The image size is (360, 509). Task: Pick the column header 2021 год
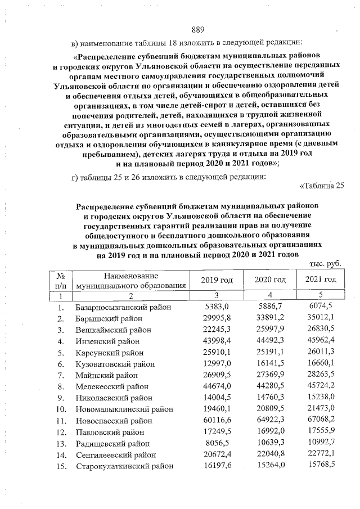coord(321,280)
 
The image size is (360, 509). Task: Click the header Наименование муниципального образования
coord(130,280)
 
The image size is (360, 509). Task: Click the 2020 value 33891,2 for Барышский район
coord(272,319)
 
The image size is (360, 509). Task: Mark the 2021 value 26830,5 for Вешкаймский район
coord(322,330)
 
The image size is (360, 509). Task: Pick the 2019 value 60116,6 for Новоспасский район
coord(217,421)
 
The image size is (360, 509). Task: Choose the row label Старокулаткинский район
coord(124,466)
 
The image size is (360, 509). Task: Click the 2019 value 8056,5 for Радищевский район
coord(218,443)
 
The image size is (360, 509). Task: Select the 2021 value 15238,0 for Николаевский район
coord(322,398)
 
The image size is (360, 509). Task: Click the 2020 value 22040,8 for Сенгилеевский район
coord(272,454)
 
